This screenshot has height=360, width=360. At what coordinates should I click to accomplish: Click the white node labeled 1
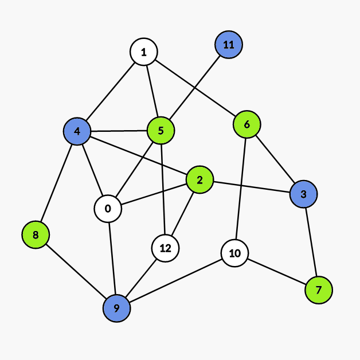coord(144,52)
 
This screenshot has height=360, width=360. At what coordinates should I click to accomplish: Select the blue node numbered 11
coord(229,45)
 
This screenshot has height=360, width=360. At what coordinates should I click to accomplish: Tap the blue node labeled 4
coord(77,132)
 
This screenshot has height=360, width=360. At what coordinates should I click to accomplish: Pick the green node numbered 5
coord(161,131)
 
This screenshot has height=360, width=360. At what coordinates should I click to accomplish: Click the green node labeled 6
coord(247,124)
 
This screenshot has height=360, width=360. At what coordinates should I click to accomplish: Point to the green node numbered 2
coord(199,180)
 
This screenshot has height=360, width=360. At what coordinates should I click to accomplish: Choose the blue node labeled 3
coord(303,194)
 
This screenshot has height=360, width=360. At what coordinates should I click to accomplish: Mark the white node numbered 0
coord(108,208)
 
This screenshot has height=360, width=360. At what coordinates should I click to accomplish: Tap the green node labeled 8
coord(36,234)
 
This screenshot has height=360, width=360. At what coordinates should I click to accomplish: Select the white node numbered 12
coord(166,248)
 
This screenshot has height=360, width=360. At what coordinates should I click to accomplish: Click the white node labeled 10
coord(234,253)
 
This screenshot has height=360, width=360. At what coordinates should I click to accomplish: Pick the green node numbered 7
coord(319,289)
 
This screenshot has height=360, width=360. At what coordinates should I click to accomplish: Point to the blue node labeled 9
coord(116,308)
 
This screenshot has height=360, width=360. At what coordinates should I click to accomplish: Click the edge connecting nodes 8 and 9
coord(76,271)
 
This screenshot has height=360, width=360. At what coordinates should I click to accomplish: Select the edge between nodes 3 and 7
coord(311,242)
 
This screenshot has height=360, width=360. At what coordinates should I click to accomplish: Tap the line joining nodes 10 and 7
coord(276,271)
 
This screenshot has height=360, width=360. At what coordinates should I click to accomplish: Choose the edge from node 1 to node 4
coord(110,92)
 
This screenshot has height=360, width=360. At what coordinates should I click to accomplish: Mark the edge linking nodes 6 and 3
coord(275,159)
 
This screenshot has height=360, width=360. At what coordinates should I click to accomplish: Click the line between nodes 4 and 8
coord(56,183)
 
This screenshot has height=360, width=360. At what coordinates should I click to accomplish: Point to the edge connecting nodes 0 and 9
coord(112,258)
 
